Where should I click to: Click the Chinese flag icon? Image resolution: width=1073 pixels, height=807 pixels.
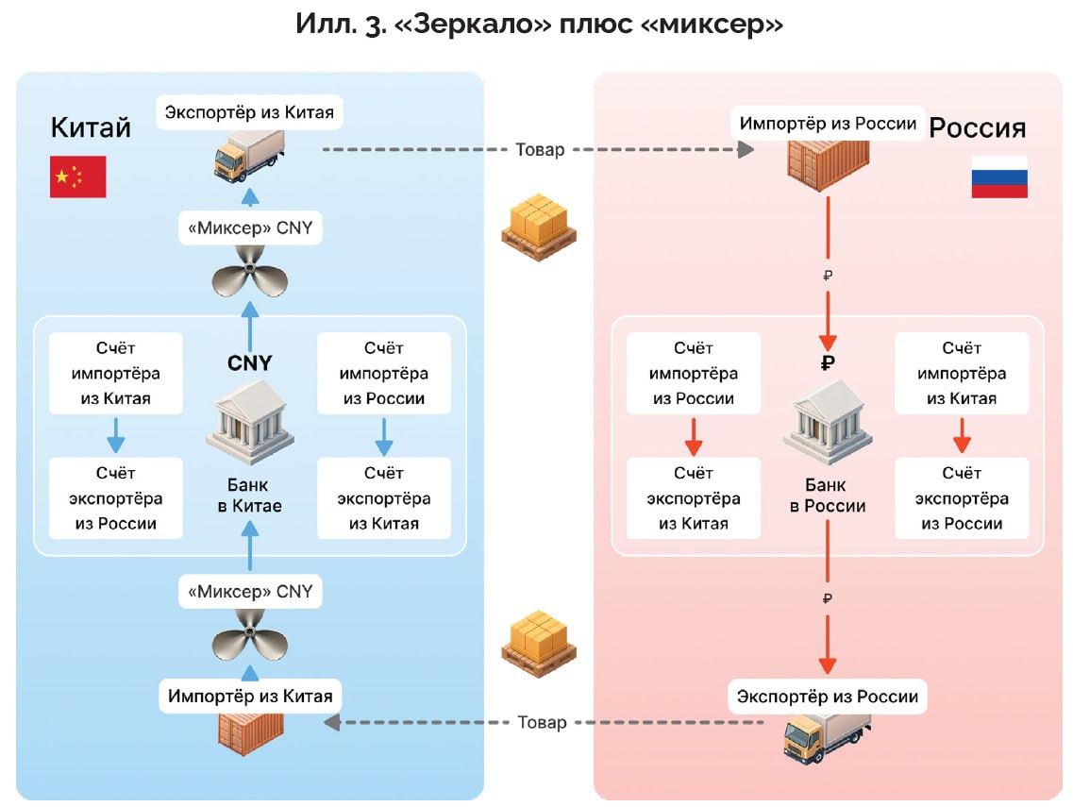[x=77, y=177]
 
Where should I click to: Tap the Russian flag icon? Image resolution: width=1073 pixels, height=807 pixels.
[x=999, y=177]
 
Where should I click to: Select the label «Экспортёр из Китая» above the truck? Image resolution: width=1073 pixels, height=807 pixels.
[x=249, y=113]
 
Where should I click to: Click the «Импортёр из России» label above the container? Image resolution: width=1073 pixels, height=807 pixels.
[x=828, y=124]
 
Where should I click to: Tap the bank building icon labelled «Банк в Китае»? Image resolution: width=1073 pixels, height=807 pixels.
[x=249, y=423]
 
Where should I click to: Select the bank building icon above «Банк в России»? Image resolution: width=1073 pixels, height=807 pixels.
[x=827, y=419]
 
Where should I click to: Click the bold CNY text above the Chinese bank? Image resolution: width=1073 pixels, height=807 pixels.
[x=250, y=363]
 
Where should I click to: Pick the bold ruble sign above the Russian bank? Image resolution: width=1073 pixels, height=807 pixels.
[x=828, y=363]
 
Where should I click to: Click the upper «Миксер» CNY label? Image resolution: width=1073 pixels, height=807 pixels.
[x=249, y=227]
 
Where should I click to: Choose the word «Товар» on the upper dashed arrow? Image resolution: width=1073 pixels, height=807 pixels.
[x=541, y=150]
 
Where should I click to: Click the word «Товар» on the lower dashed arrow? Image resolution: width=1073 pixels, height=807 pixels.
[x=543, y=722]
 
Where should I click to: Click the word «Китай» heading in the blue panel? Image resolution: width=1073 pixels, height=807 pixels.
[x=91, y=126]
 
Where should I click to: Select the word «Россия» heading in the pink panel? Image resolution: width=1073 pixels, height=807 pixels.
[x=978, y=127]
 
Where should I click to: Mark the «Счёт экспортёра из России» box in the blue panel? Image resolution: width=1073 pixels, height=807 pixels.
[x=115, y=497]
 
